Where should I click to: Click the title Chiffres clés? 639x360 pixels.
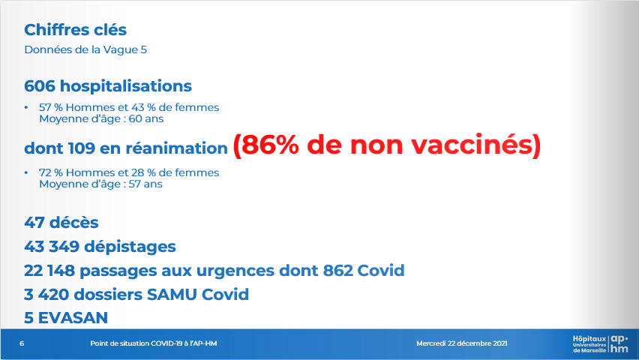point(76,30)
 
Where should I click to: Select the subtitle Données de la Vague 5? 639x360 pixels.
point(85,49)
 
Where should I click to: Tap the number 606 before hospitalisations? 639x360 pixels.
point(40,86)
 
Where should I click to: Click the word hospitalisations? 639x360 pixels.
point(126,86)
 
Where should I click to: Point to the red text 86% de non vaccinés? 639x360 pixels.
point(387,145)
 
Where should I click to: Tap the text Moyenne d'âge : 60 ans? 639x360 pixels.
point(101,119)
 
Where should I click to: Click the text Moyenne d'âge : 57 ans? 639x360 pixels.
point(100,184)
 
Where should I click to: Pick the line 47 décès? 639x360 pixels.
point(61,223)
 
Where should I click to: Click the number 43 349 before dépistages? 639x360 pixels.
point(52,247)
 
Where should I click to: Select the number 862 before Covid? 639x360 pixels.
point(337,270)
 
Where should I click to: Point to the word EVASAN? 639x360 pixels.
point(73,318)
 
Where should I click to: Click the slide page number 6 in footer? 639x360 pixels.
point(22,343)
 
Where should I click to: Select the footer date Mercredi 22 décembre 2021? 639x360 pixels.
point(462,343)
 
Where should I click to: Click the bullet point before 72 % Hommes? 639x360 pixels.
point(26,172)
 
